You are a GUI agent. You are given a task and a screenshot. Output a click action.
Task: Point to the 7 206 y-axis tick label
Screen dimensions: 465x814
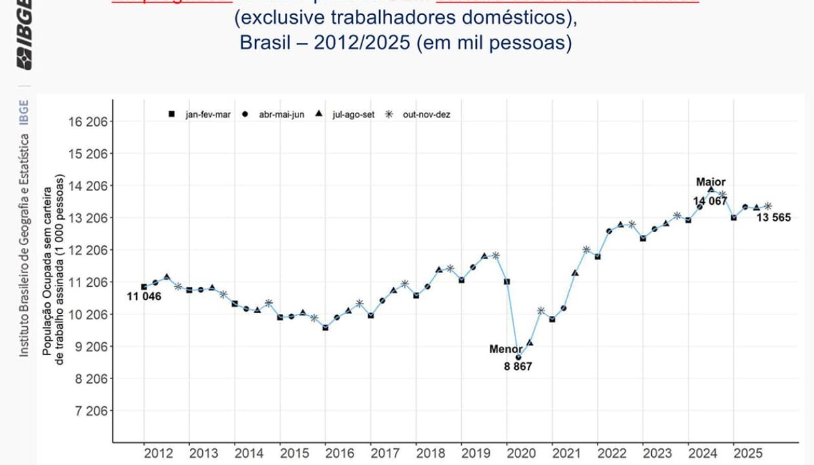(x=89, y=411)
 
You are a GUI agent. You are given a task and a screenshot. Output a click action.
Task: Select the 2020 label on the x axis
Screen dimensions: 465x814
(x=521, y=453)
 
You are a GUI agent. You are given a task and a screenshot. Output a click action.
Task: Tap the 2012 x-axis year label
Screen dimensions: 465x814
(x=158, y=453)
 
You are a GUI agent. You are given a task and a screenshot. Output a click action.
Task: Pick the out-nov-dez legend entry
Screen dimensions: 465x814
(x=417, y=114)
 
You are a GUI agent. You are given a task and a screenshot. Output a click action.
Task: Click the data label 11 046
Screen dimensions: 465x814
(x=143, y=297)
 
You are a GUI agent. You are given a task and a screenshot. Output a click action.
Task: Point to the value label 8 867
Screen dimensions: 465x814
(x=518, y=367)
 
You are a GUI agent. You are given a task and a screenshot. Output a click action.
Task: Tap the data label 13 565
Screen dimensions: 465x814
(x=773, y=218)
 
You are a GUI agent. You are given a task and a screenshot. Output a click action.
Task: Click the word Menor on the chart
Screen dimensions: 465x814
(x=506, y=349)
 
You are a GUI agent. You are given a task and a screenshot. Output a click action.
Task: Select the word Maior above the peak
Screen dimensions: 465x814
(x=711, y=182)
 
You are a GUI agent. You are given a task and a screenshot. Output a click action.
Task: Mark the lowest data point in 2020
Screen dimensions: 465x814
(x=518, y=357)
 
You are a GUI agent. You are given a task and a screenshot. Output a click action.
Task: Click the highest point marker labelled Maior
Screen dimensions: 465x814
(x=711, y=190)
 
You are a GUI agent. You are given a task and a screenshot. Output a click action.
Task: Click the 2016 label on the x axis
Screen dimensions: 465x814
(x=339, y=453)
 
